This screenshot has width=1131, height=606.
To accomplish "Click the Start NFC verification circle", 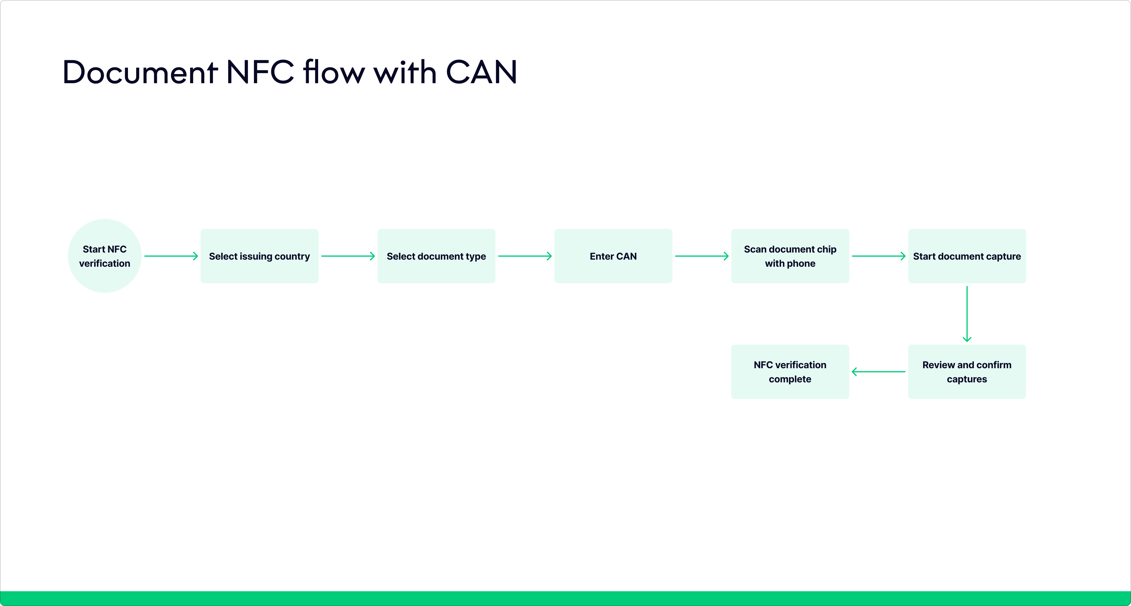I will [x=104, y=256].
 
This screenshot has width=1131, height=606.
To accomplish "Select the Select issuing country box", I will [x=259, y=256].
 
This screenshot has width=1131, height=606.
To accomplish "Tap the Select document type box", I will [x=436, y=256].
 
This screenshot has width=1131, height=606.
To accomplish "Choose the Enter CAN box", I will [x=613, y=256].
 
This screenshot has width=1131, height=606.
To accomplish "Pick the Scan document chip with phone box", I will [x=790, y=256].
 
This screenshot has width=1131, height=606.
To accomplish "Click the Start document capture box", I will [x=967, y=256].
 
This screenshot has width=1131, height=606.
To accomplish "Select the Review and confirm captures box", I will [x=967, y=372].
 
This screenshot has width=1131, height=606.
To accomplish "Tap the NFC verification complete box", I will [x=790, y=372].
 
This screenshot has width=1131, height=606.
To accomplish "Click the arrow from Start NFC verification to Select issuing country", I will [x=171, y=256].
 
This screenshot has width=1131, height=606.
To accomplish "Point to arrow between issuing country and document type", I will [x=348, y=256].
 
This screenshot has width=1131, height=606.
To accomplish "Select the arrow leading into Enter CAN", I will [x=525, y=256].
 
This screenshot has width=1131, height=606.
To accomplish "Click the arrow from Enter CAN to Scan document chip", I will [x=702, y=256].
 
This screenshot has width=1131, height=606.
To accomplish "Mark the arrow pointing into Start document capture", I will [x=879, y=256].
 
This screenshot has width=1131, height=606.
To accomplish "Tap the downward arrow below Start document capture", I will [x=967, y=314].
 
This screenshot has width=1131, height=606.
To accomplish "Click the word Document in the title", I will [x=140, y=73].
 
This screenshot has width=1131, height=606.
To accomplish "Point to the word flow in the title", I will [x=334, y=73].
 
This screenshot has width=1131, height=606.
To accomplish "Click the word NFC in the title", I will [x=260, y=73].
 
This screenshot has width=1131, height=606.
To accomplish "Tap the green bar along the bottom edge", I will [x=565, y=599].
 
